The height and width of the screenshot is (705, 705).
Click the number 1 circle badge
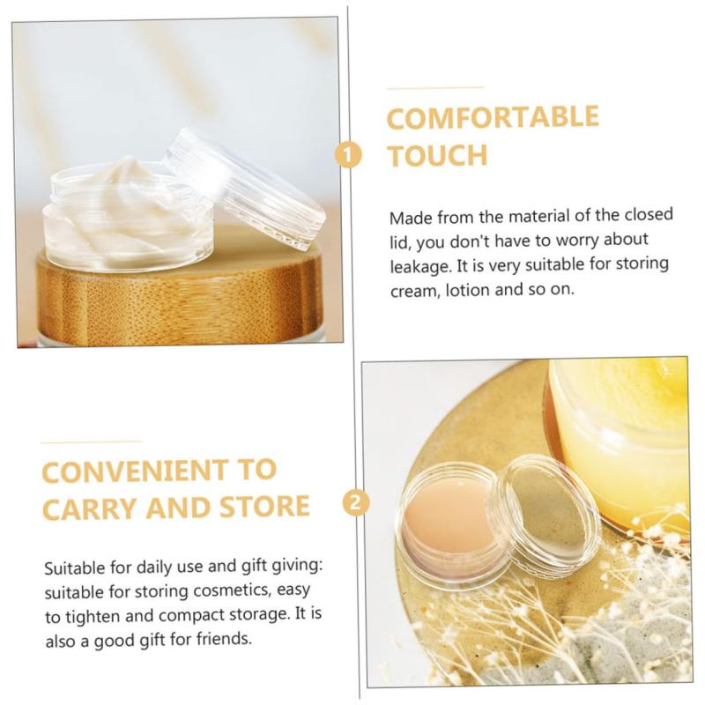pyautogui.click(x=348, y=155)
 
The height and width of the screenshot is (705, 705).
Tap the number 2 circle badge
pyautogui.click(x=356, y=501)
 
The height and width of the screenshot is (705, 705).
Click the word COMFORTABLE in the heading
pyautogui.click(x=493, y=118)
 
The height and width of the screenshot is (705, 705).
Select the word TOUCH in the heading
pyautogui.click(x=438, y=156)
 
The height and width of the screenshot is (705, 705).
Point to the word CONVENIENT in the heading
pyautogui.click(x=135, y=471)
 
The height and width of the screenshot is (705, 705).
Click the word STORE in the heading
pyautogui.click(x=265, y=506)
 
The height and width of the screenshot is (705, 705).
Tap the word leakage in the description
pyautogui.click(x=420, y=267)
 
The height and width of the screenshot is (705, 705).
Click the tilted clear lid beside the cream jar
pyautogui.click(x=245, y=188)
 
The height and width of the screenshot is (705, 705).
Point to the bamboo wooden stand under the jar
pyautogui.click(x=180, y=297)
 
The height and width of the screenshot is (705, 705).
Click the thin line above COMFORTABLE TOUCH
pyautogui.click(x=434, y=88)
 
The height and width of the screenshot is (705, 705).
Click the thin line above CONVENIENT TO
pyautogui.click(x=92, y=442)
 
